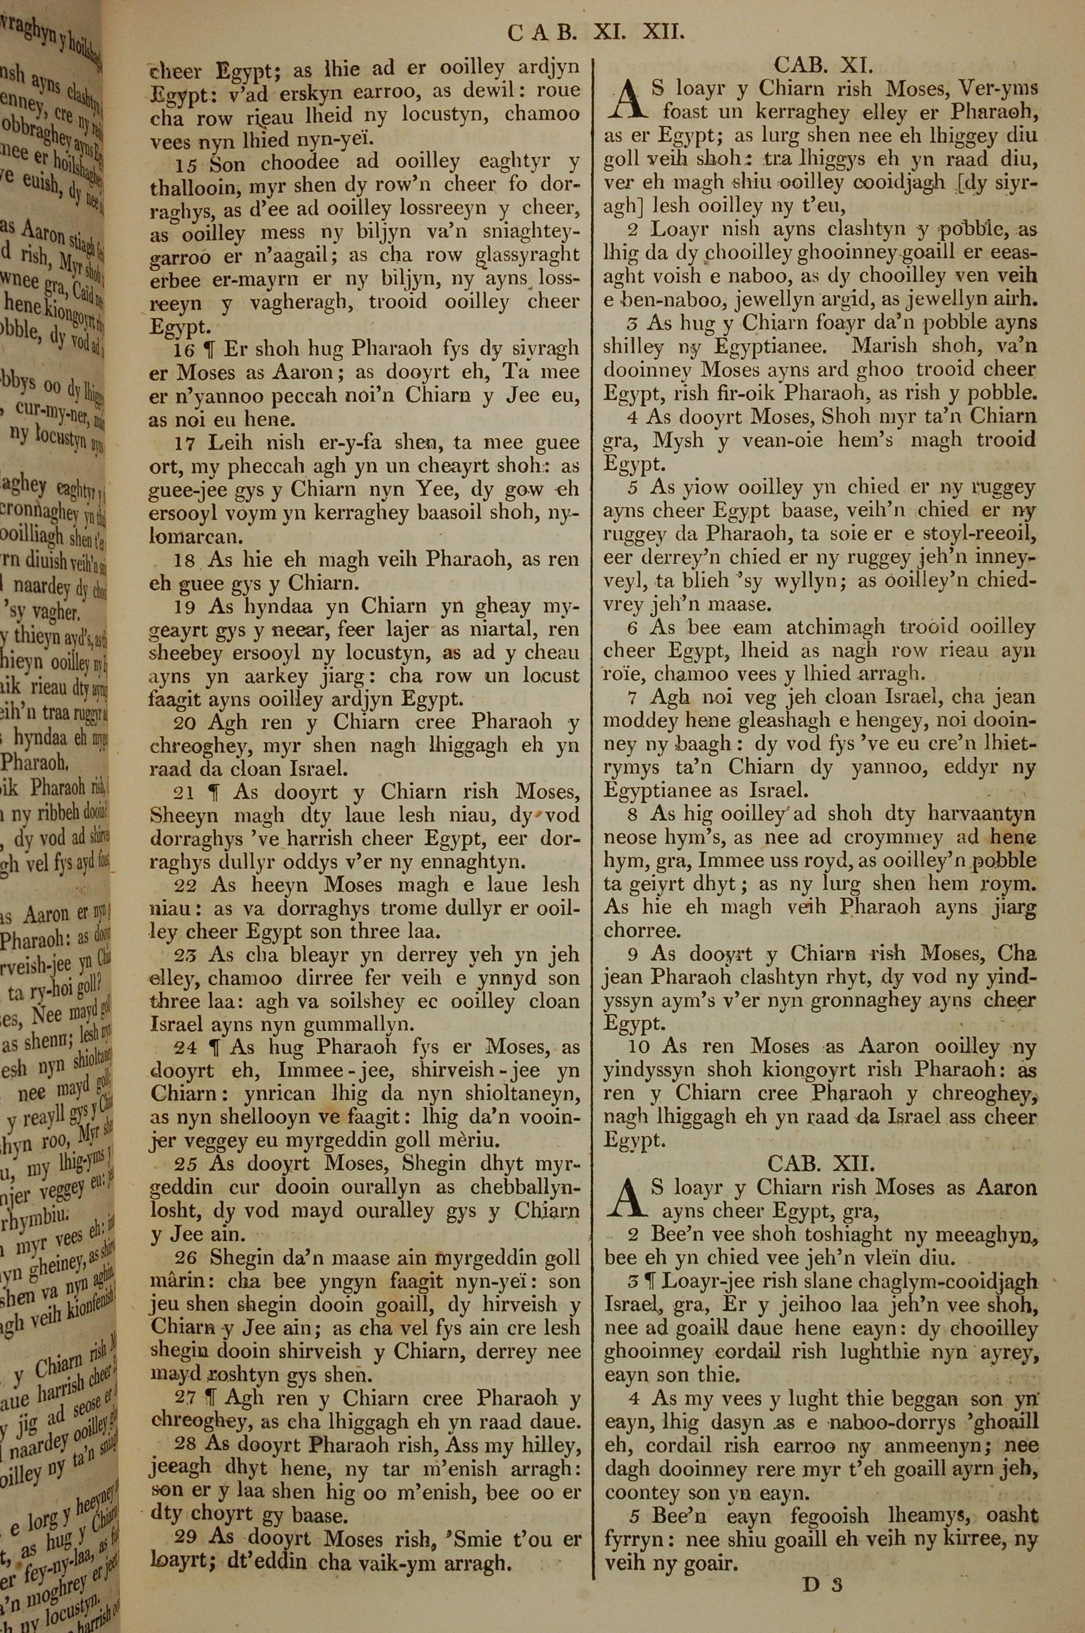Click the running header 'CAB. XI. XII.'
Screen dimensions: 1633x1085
596,32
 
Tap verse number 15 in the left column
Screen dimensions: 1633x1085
187,163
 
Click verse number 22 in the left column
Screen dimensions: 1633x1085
187,885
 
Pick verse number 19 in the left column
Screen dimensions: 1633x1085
186,607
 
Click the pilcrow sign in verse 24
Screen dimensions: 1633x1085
214,1047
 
